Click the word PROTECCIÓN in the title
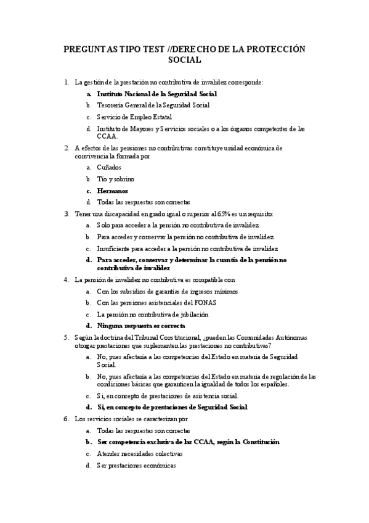click(x=275, y=49)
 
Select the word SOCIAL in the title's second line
click(x=184, y=60)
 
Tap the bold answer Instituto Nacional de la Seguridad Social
click(x=157, y=94)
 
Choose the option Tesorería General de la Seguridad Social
click(x=153, y=105)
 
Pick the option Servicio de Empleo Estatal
click(x=134, y=117)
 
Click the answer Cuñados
click(x=109, y=167)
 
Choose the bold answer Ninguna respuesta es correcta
click(x=141, y=325)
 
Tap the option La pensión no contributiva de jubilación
click(x=153, y=314)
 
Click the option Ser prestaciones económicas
click(x=136, y=465)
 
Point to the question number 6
click(x=67, y=418)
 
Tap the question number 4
click(x=67, y=279)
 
